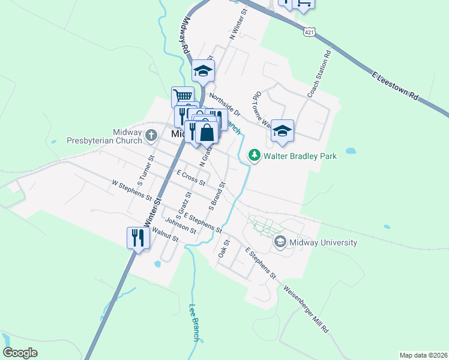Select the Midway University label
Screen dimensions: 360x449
click(323, 242)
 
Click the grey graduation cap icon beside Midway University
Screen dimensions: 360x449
click(279, 242)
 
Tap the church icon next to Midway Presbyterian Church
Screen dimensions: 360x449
click(152, 136)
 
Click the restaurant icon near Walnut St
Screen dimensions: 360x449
click(137, 238)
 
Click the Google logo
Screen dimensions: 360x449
click(20, 352)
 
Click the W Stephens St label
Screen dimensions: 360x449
click(132, 189)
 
